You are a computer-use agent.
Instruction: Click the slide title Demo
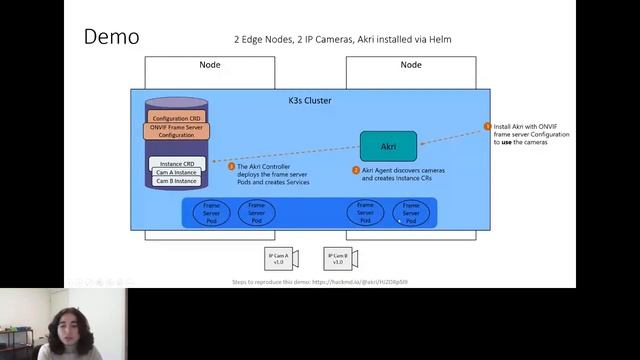pos(111,37)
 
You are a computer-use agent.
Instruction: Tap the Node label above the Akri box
pos(411,65)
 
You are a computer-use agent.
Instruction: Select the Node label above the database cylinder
pos(210,65)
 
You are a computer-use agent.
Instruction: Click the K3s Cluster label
pos(309,100)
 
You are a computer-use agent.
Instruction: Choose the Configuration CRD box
pos(176,119)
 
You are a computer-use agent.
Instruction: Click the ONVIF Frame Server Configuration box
pos(176,131)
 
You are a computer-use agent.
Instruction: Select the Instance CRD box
pos(176,163)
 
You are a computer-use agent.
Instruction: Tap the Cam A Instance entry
pos(176,172)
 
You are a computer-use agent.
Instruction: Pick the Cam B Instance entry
pos(176,181)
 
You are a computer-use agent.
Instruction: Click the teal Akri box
pos(388,146)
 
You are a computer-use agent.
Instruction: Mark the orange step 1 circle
pos(488,127)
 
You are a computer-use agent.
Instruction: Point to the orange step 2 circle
pos(356,170)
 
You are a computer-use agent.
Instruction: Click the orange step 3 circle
pos(231,166)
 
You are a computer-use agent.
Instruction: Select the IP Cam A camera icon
pos(277,258)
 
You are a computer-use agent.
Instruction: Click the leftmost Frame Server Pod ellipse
pos(211,212)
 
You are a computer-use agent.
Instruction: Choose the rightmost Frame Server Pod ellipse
pos(410,212)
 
